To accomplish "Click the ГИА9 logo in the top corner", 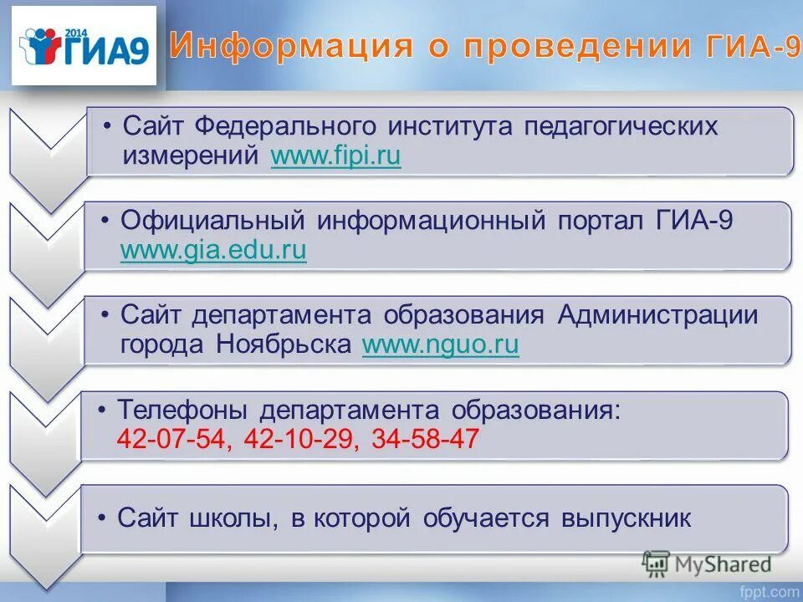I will pos(84,46).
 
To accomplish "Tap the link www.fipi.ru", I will pos(336,157).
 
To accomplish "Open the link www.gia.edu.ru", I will pos(213,250).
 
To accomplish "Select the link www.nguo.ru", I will pos(440,344).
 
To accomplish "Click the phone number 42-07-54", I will pos(171,440).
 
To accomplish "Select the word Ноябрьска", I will pos(285,344).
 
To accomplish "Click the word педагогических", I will pos(621,127).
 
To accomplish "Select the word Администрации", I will pos(657,315).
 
